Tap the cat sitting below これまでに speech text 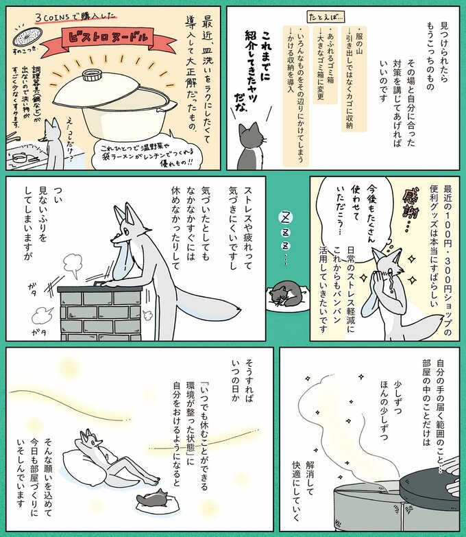point(252,147)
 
